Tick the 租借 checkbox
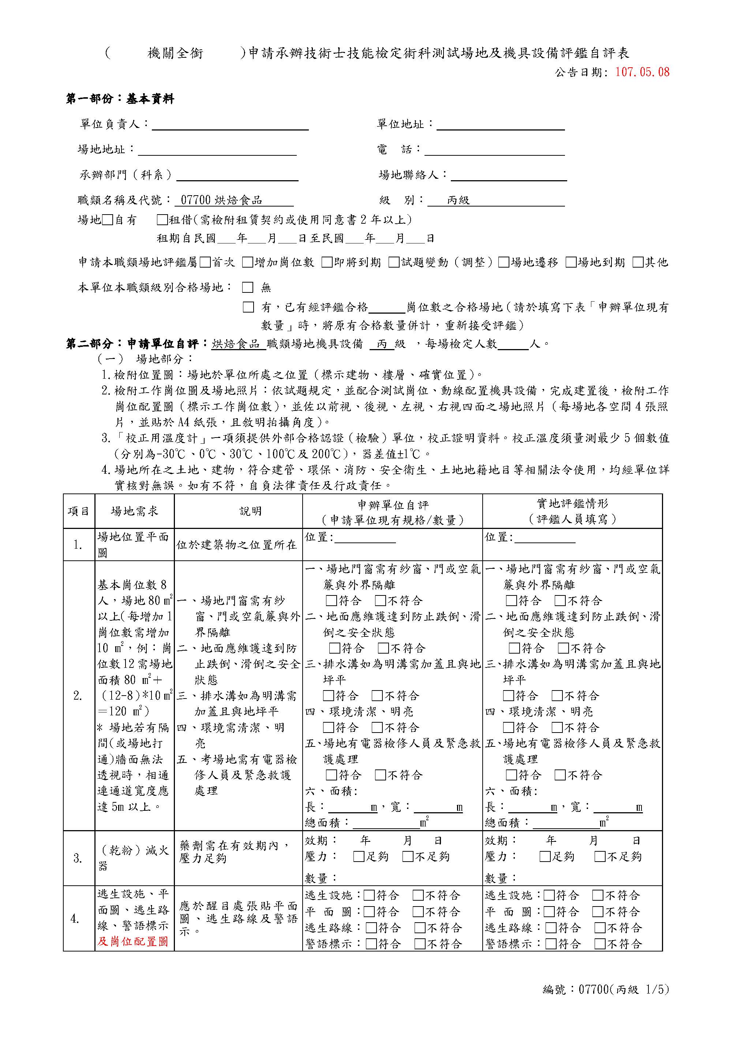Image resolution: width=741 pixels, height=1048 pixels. [x=162, y=220]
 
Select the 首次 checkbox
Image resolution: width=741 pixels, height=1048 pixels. [x=205, y=262]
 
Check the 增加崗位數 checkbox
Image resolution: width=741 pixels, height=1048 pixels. [x=248, y=262]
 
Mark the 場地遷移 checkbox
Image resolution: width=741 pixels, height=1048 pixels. [x=504, y=262]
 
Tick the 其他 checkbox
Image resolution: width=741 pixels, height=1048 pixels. [x=638, y=262]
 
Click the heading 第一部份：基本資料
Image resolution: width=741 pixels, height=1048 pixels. [x=120, y=99]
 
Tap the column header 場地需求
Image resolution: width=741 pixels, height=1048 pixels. [x=134, y=511]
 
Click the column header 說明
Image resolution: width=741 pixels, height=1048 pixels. [x=251, y=511]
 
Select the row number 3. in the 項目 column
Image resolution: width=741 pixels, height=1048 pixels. [x=78, y=858]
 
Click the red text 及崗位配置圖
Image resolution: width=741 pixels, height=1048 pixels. [x=133, y=941]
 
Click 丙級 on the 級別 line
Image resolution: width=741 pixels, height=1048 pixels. [x=458, y=200]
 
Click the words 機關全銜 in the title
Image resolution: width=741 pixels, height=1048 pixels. [x=175, y=53]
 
